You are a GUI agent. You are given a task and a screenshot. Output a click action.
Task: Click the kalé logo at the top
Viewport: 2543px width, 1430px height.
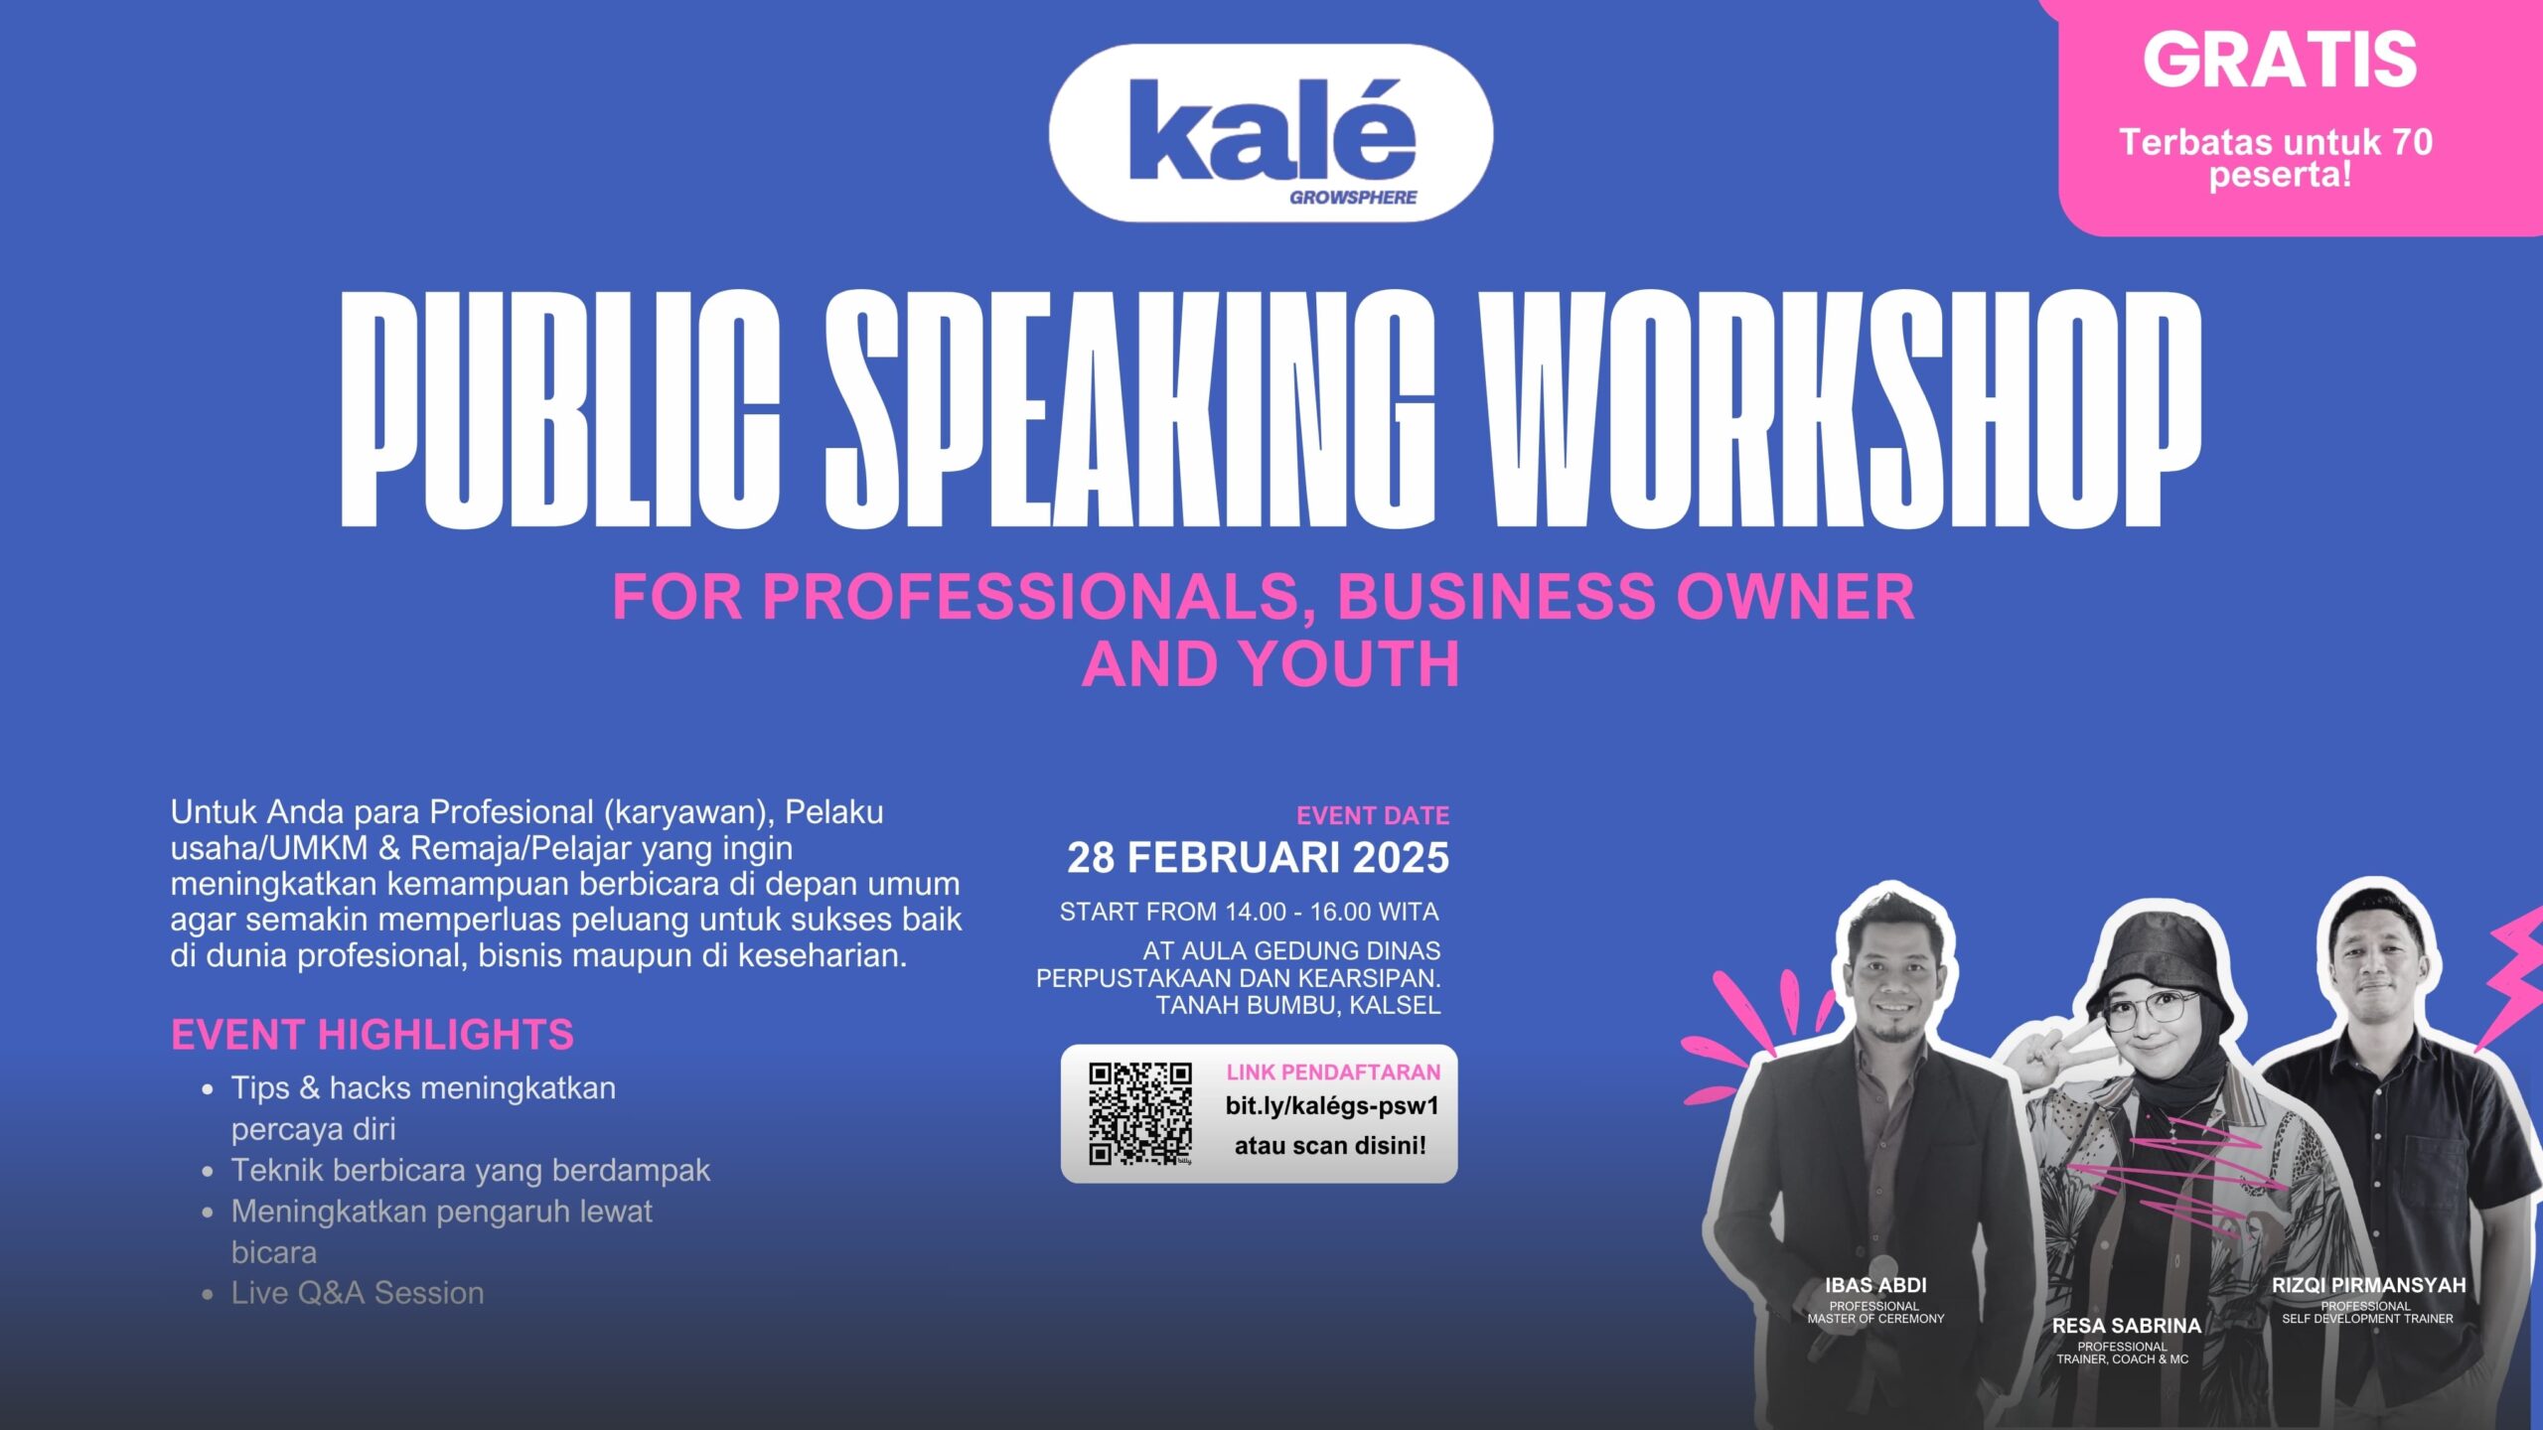click(x=1271, y=132)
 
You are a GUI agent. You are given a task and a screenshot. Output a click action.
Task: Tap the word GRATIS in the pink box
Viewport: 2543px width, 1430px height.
click(x=2280, y=60)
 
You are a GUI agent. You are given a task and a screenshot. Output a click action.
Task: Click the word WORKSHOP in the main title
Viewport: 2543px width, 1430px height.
click(x=1840, y=408)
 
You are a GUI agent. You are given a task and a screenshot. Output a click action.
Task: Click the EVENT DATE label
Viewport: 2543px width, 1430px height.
click(x=1373, y=815)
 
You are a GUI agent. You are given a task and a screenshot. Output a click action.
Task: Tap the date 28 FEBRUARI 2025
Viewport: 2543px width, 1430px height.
click(x=1259, y=857)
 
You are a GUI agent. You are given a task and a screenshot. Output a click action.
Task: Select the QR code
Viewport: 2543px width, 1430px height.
click(x=1140, y=1113)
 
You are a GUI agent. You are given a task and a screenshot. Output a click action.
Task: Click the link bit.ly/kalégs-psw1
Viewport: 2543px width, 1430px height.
click(x=1332, y=1106)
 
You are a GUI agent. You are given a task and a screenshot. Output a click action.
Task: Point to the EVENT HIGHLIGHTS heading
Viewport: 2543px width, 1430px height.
click(x=373, y=1035)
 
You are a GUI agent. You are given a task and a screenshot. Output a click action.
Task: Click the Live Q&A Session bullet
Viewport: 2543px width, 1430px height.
click(x=358, y=1293)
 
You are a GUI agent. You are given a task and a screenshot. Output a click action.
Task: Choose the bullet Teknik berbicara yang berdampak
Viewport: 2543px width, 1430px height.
click(x=471, y=1171)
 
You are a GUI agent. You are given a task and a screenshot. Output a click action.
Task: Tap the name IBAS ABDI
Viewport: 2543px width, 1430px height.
click(x=1875, y=1285)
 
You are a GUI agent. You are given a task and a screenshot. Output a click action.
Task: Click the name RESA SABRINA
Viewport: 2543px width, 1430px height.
click(x=2127, y=1326)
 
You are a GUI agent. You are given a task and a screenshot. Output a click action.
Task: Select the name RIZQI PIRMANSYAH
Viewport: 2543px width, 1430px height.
click(x=2368, y=1285)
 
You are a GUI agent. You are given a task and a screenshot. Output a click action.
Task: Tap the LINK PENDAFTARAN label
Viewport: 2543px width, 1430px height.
click(x=1333, y=1072)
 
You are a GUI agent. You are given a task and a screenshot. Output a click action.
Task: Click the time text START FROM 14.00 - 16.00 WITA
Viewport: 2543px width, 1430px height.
click(x=1249, y=912)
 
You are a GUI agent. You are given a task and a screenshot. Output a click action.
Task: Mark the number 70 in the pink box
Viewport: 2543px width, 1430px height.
click(x=2412, y=142)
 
